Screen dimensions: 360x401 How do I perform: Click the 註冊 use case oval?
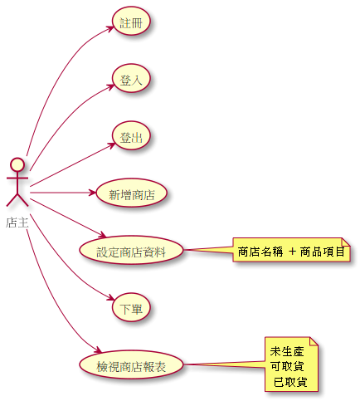(x=131, y=22)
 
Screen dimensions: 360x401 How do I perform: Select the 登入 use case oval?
(x=131, y=78)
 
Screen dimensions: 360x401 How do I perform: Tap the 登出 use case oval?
(x=131, y=135)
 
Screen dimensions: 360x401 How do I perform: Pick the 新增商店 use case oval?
(x=131, y=193)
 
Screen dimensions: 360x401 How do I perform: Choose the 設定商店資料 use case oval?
(x=131, y=250)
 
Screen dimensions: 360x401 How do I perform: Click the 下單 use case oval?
(x=131, y=307)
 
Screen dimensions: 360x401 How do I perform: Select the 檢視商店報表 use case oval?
(x=131, y=364)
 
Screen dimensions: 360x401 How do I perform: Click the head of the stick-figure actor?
(x=17, y=164)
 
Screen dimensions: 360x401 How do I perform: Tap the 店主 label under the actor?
(x=17, y=223)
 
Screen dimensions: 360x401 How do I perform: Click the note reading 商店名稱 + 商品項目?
(x=291, y=250)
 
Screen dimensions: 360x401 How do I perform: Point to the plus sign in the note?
(x=292, y=252)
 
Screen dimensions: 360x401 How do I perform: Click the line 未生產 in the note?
(x=287, y=351)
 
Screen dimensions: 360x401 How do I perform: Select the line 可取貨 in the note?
(x=287, y=366)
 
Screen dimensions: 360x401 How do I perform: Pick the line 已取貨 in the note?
(x=290, y=382)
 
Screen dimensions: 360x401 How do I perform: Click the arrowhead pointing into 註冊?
(x=110, y=28)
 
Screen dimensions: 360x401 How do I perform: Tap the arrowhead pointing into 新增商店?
(x=92, y=193)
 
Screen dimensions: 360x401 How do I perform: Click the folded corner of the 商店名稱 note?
(x=346, y=242)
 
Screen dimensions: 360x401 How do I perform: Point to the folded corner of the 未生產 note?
(x=314, y=341)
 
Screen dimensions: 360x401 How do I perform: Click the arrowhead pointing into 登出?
(x=111, y=145)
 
